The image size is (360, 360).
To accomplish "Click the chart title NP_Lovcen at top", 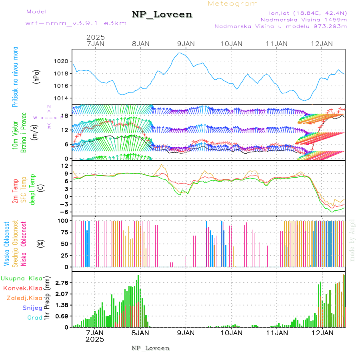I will click(162, 15).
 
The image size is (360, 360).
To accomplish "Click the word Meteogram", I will click(233, 4).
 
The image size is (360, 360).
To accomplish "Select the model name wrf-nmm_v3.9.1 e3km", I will click(76, 23).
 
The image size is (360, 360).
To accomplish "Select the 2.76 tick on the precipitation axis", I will click(62, 283).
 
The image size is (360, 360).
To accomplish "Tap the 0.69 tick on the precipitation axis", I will click(62, 316).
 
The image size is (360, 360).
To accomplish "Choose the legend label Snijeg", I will click(31, 308).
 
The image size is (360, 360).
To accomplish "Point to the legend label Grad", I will click(35, 318).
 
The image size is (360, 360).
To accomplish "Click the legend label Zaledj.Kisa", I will click(24, 298).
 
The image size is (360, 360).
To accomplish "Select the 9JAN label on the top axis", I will click(185, 44).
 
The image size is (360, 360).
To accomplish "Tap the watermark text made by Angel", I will click(352, 240).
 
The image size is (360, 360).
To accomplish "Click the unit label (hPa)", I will click(36, 77).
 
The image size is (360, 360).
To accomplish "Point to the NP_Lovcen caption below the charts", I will click(150, 348).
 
